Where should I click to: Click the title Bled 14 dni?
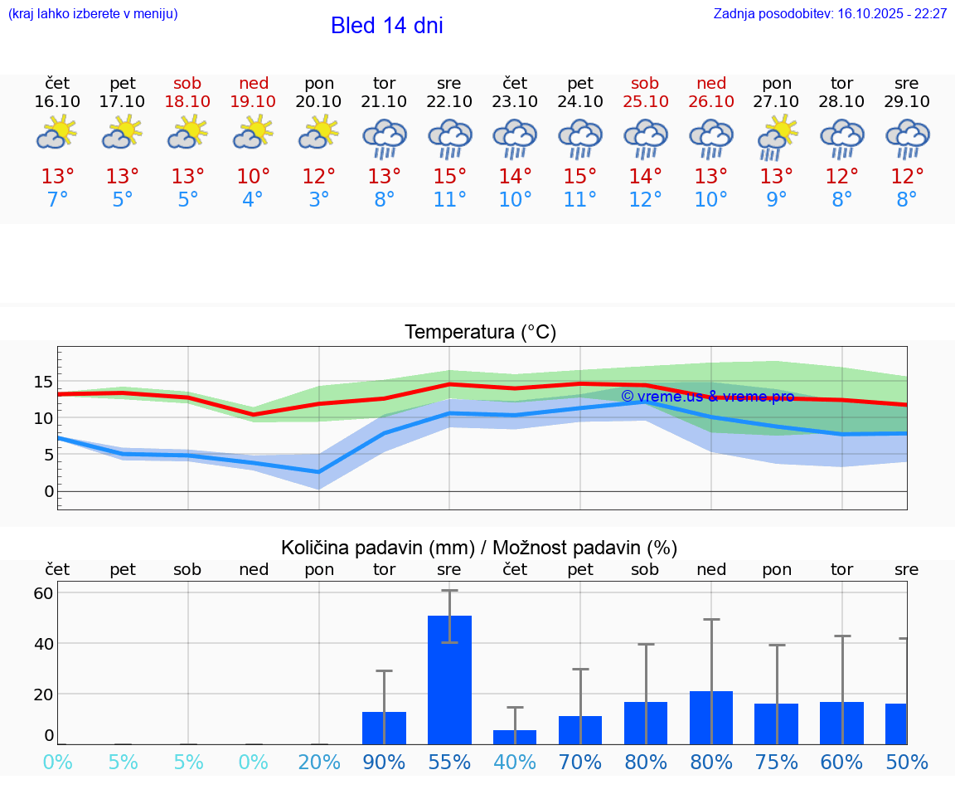[386, 26]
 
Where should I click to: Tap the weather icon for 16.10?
[57, 133]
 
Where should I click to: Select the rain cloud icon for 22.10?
[449, 138]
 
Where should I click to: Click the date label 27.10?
[777, 102]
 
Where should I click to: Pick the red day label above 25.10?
[645, 84]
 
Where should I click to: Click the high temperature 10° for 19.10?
[254, 177]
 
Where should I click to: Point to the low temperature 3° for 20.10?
[319, 200]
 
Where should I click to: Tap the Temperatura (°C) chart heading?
[480, 333]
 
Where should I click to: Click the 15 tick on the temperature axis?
[43, 383]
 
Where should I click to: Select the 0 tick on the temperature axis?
[49, 491]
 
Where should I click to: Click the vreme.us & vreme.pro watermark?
[707, 397]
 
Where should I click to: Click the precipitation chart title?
[479, 548]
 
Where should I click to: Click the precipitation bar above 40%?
[515, 737]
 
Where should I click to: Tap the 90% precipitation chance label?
[384, 763]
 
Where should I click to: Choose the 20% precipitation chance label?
[319, 763]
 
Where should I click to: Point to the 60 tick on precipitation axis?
[43, 593]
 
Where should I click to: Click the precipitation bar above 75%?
[777, 724]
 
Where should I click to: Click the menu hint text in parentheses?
[93, 14]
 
